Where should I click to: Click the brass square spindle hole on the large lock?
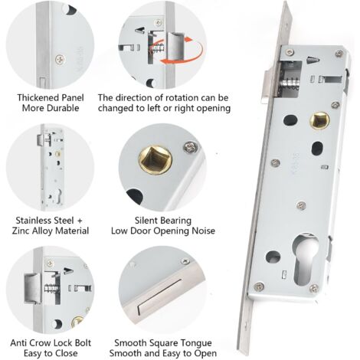coord(319,120)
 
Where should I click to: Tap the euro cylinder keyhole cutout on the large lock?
coord(306,259)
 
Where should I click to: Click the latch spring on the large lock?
coord(290,83)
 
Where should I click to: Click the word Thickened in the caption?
coord(37,97)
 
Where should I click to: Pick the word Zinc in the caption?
coord(20,231)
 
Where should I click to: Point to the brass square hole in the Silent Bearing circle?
coord(155,159)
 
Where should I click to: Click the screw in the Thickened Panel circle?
coord(61,60)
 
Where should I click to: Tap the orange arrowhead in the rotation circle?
coord(188,40)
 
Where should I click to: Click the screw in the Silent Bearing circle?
coord(189,147)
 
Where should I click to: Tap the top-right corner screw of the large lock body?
coord(339,54)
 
